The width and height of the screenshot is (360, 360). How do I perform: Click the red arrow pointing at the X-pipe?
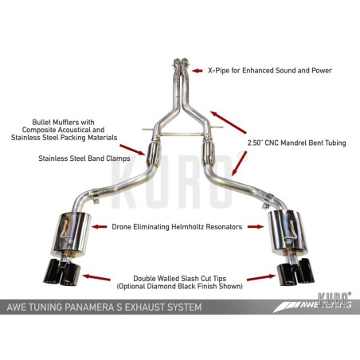point(198,71)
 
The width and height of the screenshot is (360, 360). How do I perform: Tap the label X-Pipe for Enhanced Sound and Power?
point(270,71)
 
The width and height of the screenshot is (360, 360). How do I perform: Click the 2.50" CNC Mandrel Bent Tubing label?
point(296,143)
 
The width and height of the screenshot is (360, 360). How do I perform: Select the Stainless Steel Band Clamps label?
point(84,158)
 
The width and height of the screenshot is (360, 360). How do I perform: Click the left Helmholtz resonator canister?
point(72,235)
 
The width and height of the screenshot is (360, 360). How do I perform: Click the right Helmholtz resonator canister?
point(288,230)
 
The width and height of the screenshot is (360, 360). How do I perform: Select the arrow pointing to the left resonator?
point(99,227)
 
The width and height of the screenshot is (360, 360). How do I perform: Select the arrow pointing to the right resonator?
point(256,227)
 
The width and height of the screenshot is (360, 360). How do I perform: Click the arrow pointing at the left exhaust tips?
point(96,277)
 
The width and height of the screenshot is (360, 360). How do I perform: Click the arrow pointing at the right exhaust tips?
point(261,278)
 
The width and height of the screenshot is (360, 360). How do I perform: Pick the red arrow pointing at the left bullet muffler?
point(132,150)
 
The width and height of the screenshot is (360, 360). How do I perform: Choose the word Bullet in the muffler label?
point(41,122)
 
